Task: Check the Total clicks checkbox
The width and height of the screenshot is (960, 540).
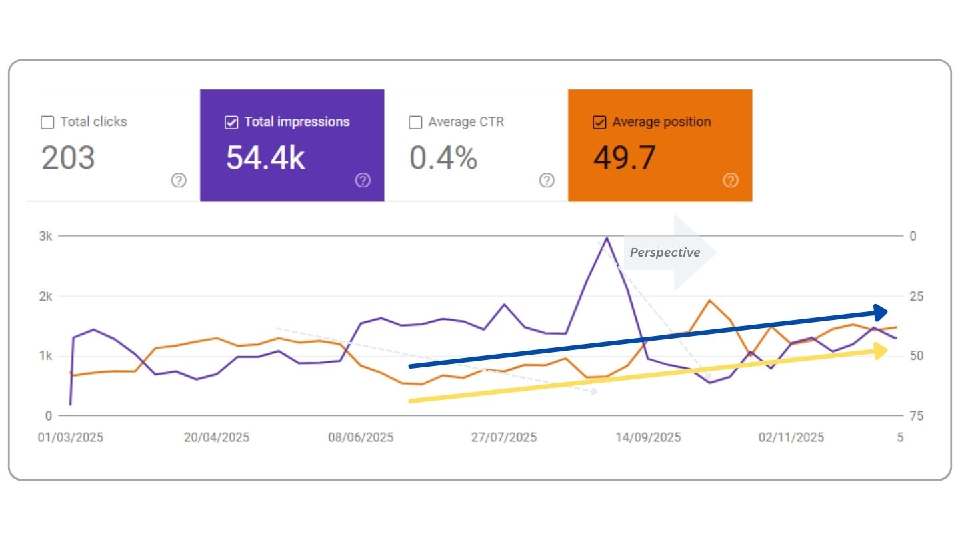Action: point(47,123)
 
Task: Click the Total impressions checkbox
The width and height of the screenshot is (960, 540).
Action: point(231,123)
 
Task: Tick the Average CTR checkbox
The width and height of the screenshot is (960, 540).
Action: point(415,123)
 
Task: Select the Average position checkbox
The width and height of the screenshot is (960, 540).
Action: point(599,123)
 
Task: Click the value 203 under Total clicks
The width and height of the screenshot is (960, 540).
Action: point(68,159)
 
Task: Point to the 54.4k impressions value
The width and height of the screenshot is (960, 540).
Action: point(265,159)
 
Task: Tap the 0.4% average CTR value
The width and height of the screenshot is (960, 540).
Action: point(443,159)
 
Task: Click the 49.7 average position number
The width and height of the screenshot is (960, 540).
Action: point(625,159)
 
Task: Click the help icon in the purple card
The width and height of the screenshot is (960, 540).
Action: point(363,180)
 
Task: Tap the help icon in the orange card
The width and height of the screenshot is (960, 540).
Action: point(731,180)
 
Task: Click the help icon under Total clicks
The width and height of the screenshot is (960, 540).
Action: point(179,180)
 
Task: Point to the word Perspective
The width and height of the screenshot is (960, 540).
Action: point(665,253)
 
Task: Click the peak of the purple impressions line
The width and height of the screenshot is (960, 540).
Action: point(607,237)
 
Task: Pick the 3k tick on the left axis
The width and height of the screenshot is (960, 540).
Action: point(45,236)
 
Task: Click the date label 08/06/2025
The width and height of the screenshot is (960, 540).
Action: point(361,437)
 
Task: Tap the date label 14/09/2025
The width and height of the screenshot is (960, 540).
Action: point(648,437)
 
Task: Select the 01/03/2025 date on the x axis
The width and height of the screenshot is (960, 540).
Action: point(71,437)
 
